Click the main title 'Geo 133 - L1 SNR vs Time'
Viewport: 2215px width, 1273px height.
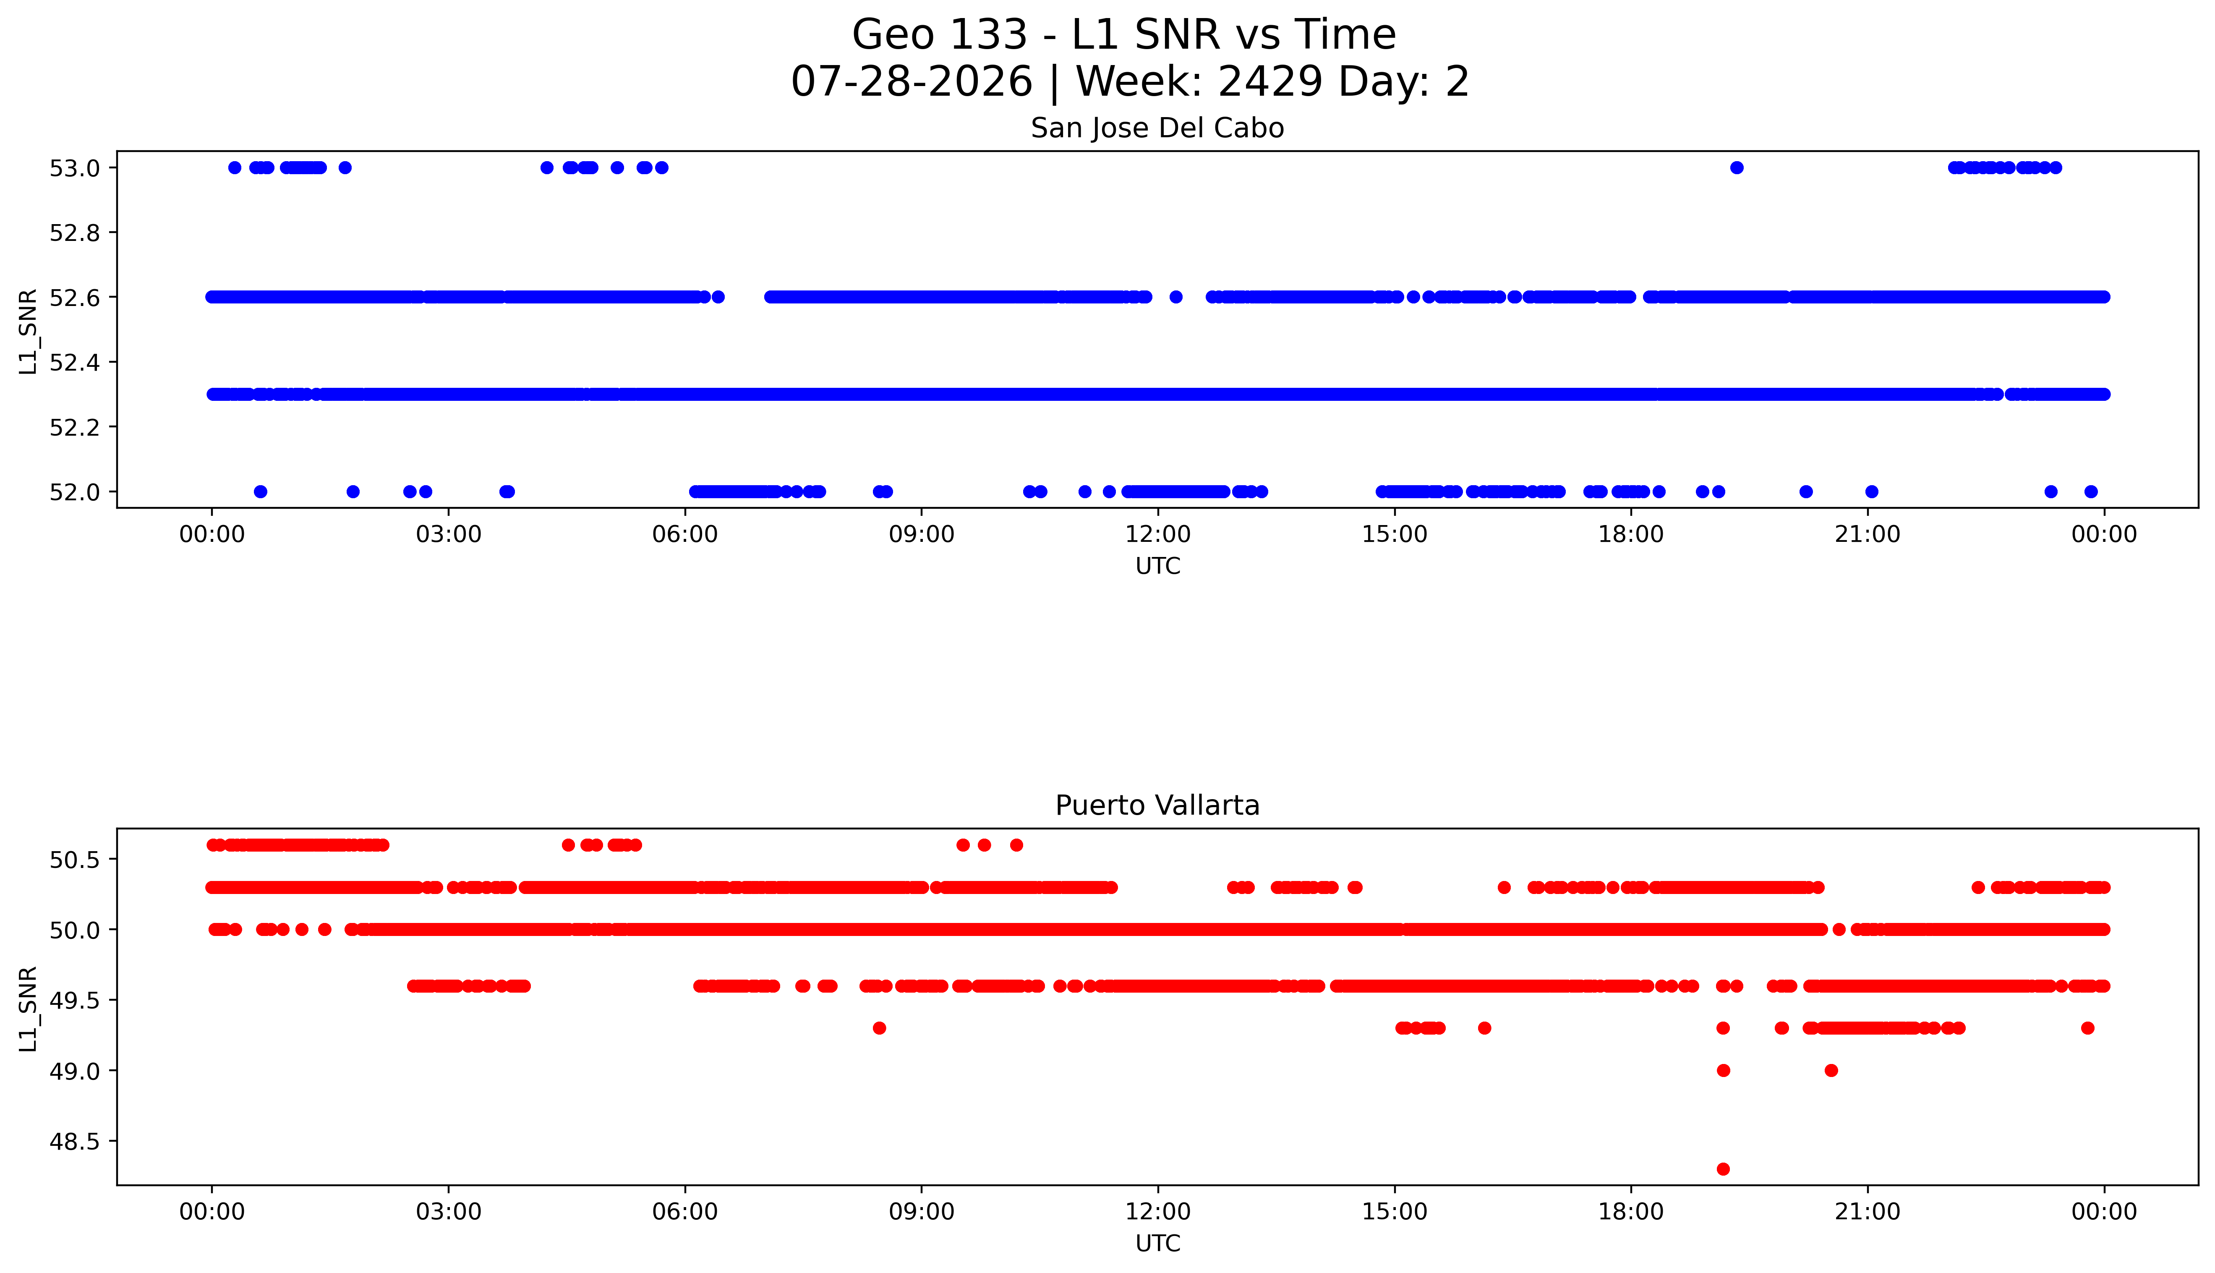tap(1124, 35)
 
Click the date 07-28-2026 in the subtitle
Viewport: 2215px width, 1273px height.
tap(912, 82)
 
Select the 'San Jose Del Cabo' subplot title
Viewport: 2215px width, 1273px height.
tap(1157, 128)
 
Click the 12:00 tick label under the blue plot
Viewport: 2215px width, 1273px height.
tap(1158, 534)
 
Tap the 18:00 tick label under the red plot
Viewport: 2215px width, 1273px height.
tap(1631, 1212)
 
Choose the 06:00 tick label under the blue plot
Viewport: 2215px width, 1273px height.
tap(685, 534)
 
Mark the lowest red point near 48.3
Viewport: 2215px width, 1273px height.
tap(1723, 1169)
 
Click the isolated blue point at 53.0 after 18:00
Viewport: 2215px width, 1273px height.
tap(1737, 168)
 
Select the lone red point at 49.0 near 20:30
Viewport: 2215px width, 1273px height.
tap(1831, 1070)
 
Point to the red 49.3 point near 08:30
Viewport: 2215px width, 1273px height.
tap(879, 1028)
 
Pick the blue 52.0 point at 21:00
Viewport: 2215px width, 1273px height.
tap(1871, 491)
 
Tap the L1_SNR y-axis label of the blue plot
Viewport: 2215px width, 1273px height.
tap(29, 332)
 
